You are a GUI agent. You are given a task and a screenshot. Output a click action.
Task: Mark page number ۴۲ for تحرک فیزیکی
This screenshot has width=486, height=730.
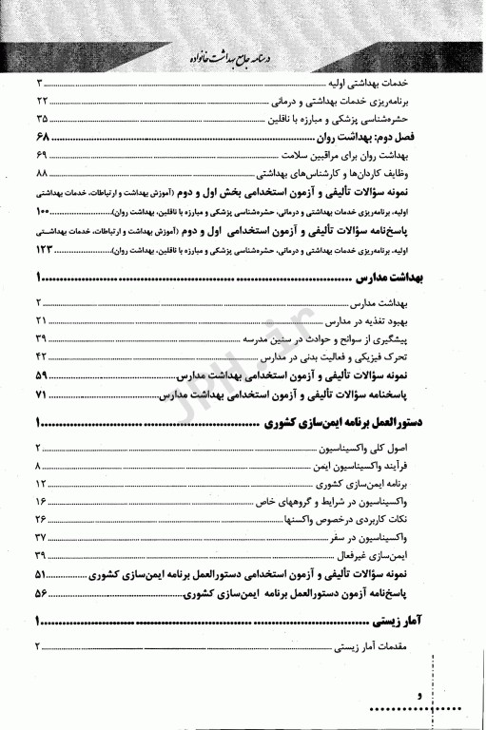[x=43, y=357]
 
